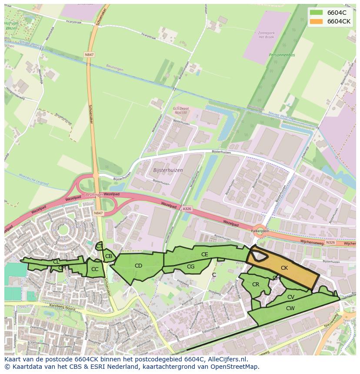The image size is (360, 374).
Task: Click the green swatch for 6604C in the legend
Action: pos(316,13)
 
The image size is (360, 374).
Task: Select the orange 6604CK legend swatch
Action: pos(316,21)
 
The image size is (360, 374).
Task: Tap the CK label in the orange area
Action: pos(284,268)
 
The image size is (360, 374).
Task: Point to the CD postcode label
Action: pos(138,266)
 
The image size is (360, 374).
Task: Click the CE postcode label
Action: pos(204,255)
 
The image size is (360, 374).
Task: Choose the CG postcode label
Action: pos(190,267)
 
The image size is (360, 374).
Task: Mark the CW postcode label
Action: pos(290,308)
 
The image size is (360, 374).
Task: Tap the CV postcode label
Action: pos(291,297)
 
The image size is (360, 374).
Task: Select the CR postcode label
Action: pos(256,285)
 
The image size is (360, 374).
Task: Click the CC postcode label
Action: pos(95,269)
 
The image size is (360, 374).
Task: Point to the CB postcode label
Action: pos(109,256)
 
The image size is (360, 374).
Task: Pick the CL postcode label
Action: pos(56,261)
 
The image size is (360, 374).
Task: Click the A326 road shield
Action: pos(187,209)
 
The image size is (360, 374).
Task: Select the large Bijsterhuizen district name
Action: pos(168,170)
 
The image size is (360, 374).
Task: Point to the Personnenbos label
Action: pos(282,55)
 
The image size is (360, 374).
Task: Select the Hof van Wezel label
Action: pos(12,25)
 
